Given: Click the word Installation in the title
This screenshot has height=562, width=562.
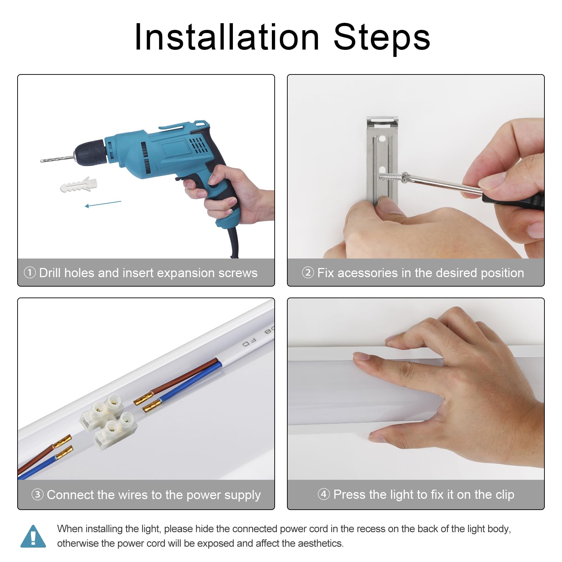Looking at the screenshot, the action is (x=227, y=37).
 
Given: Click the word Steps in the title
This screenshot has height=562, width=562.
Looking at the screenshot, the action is (x=382, y=37).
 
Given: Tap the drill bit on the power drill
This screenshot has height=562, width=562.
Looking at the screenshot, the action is (x=57, y=159).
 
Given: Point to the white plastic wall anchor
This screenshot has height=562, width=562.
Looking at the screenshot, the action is (x=78, y=185).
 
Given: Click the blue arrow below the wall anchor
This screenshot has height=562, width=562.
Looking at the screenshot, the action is (x=103, y=204).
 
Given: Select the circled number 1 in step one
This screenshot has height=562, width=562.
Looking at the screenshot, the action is (x=30, y=273).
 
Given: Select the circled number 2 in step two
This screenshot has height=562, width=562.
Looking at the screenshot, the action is (x=308, y=273).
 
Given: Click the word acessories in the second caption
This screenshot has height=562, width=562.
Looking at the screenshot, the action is (x=362, y=273).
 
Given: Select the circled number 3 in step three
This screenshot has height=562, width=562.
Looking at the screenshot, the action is (x=38, y=495).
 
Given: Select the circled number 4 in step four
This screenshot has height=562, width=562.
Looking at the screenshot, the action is (x=324, y=494).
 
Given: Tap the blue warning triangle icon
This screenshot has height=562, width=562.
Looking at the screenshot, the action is (x=33, y=536).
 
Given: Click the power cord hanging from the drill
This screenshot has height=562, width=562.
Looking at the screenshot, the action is (x=234, y=242).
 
